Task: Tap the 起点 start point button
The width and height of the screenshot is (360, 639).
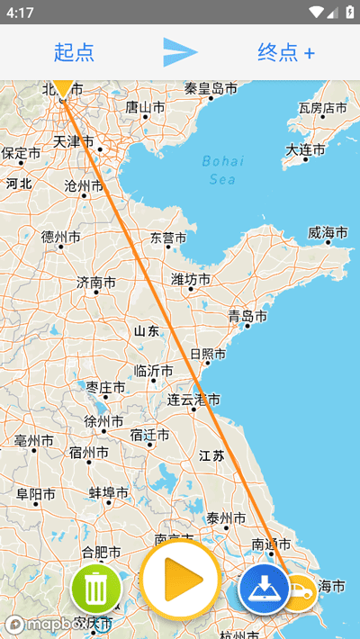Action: click(x=74, y=52)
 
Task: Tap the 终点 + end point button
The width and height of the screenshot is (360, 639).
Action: click(x=286, y=52)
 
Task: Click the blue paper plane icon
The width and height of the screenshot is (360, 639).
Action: click(x=180, y=52)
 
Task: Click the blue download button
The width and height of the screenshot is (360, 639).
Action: click(x=263, y=589)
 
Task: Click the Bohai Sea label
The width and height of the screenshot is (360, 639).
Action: click(x=222, y=170)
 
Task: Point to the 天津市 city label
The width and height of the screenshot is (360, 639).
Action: click(x=73, y=141)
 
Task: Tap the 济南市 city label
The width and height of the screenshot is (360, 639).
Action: click(x=96, y=283)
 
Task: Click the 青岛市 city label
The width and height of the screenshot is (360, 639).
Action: click(x=247, y=317)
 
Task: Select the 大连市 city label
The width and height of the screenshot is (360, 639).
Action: click(x=306, y=149)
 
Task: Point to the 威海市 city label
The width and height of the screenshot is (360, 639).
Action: click(x=328, y=233)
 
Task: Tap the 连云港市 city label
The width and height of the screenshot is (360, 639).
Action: click(x=193, y=400)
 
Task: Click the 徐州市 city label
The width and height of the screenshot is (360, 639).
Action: click(x=103, y=421)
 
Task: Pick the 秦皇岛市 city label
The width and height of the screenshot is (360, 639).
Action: click(x=211, y=88)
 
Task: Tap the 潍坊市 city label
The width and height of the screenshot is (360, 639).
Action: click(x=191, y=280)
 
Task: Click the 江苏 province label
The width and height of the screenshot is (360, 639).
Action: click(x=211, y=456)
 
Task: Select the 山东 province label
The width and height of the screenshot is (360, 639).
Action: click(x=147, y=331)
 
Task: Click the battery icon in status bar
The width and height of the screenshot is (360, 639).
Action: click(x=347, y=13)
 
